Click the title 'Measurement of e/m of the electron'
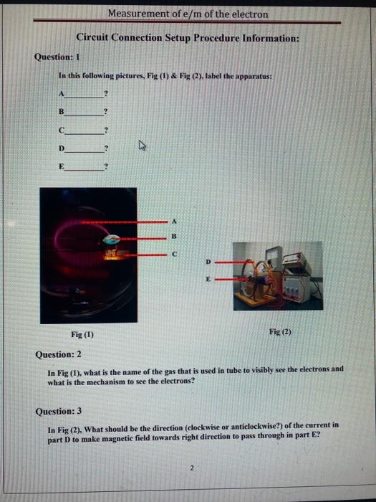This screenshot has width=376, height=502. (188, 14)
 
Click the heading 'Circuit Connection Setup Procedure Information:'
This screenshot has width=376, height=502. (188, 38)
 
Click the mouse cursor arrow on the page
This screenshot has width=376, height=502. (142, 147)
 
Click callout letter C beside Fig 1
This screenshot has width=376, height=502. (173, 253)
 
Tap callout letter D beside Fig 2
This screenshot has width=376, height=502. (209, 262)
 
